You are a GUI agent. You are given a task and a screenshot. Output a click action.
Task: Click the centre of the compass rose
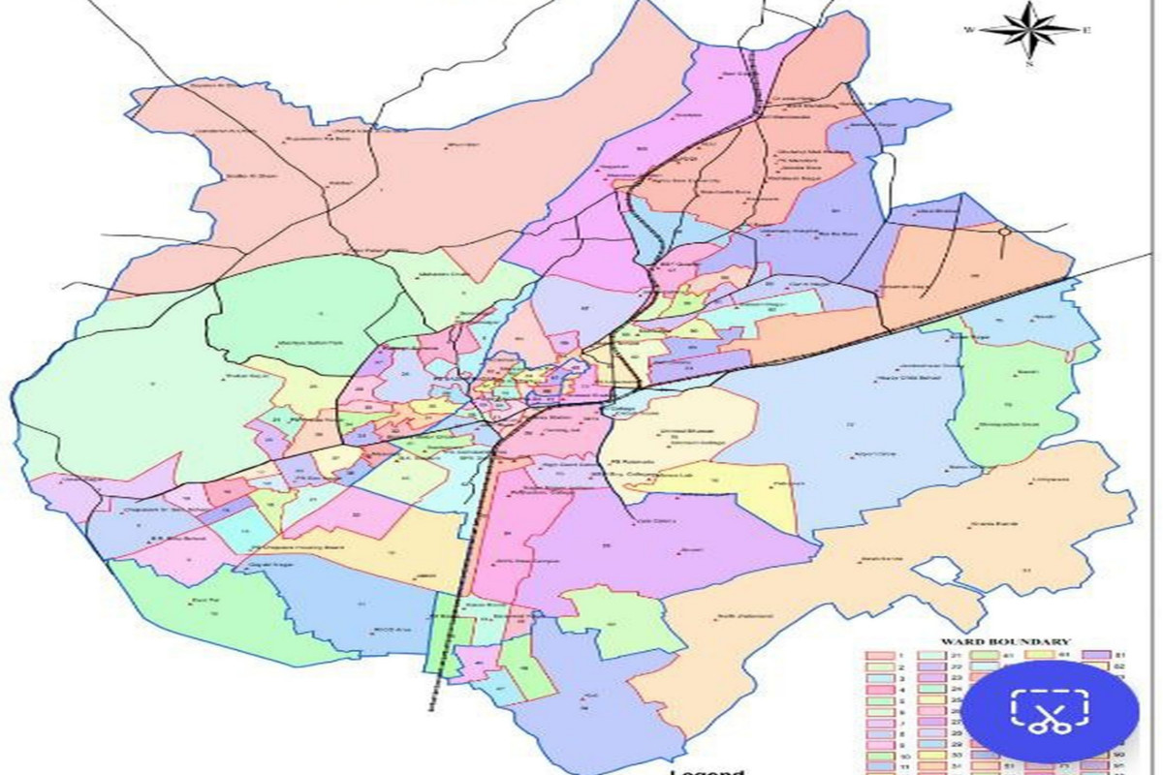pyautogui.click(x=1028, y=30)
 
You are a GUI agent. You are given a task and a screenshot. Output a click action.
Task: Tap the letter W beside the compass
pyautogui.click(x=968, y=30)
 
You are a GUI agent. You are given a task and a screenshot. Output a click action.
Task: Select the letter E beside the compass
pyautogui.click(x=1087, y=30)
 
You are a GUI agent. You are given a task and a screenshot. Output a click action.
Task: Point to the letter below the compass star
pyautogui.click(x=1029, y=64)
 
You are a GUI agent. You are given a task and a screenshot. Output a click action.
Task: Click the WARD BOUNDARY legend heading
pyautogui.click(x=1006, y=641)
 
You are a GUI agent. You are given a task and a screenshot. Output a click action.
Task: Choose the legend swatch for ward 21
pyautogui.click(x=932, y=656)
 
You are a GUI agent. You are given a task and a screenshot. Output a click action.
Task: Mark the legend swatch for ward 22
pyautogui.click(x=932, y=667)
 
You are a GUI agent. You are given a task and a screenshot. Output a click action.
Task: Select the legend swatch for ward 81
pyautogui.click(x=1095, y=656)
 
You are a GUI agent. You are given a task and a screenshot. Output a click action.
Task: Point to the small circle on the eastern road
pyautogui.click(x=1006, y=232)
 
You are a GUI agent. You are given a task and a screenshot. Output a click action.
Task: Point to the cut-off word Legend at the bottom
pyautogui.click(x=707, y=771)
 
